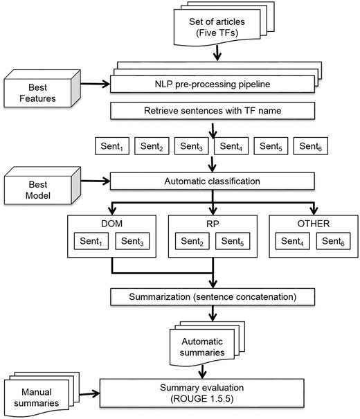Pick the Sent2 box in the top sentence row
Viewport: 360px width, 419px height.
151,146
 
